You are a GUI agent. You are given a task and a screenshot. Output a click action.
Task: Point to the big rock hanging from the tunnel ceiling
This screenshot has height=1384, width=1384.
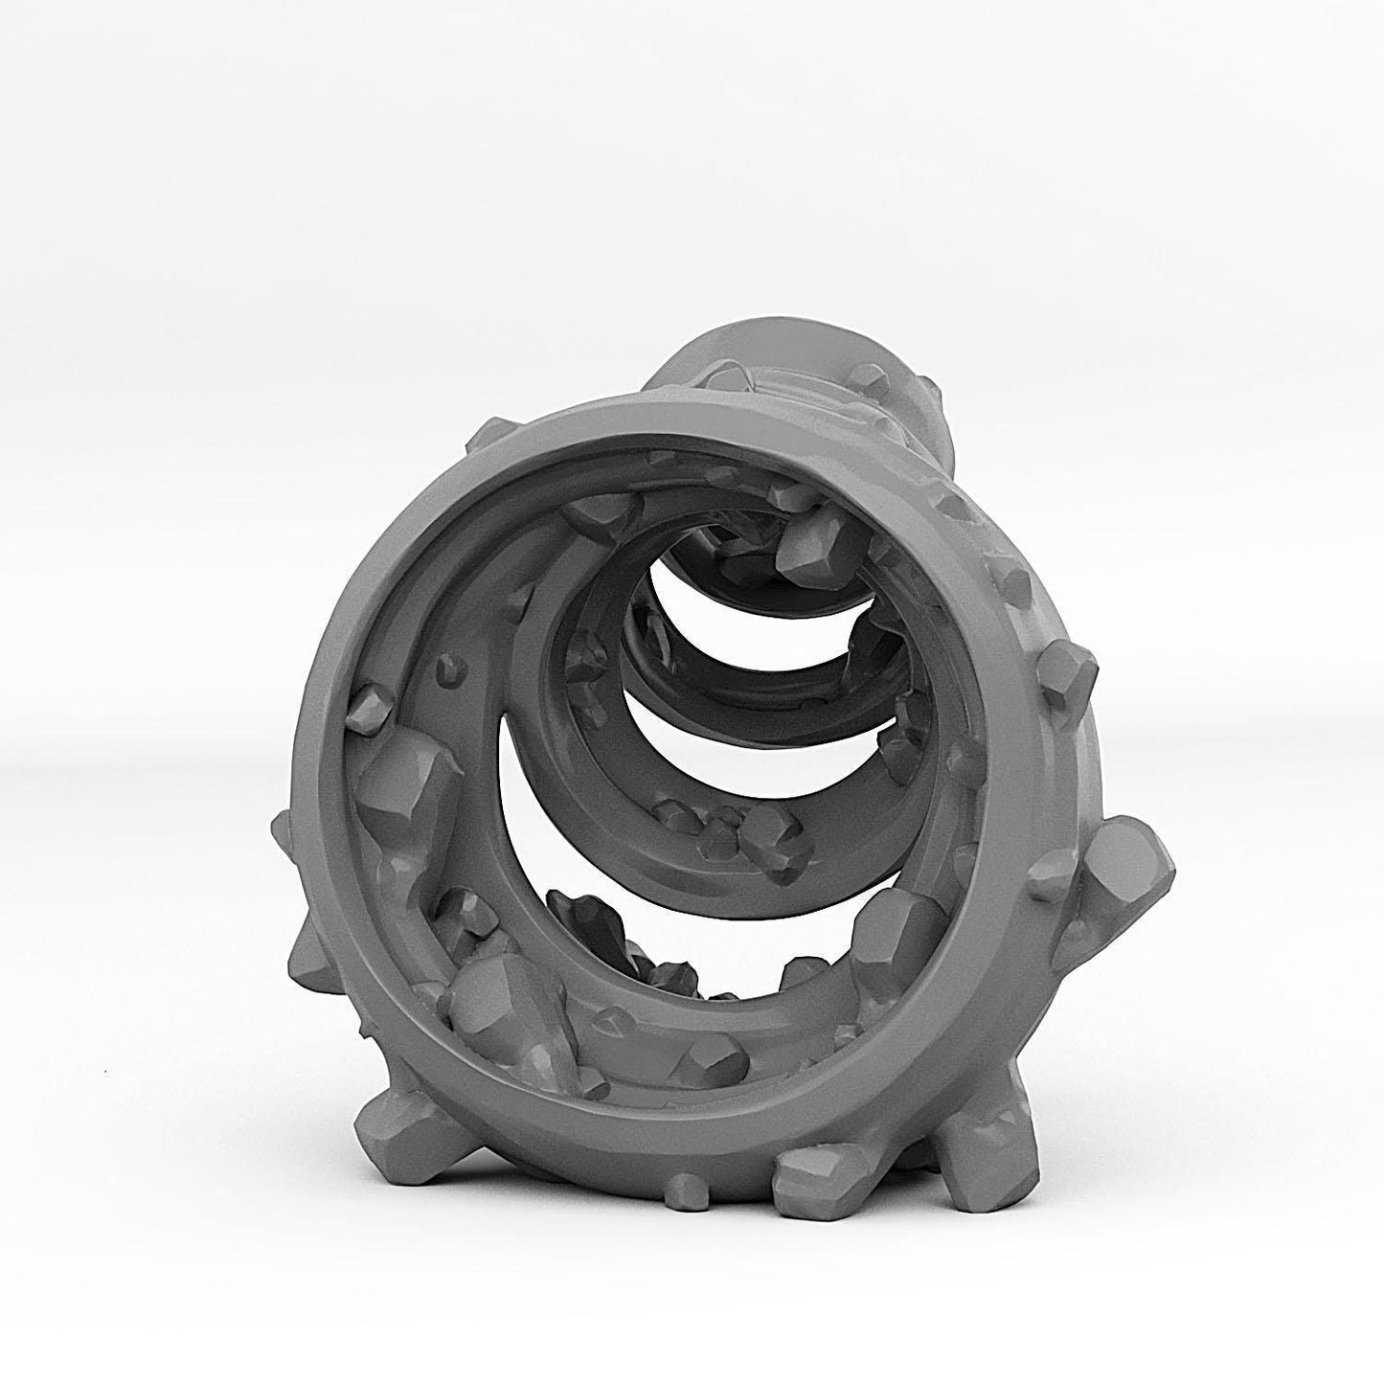pos(814,542)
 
